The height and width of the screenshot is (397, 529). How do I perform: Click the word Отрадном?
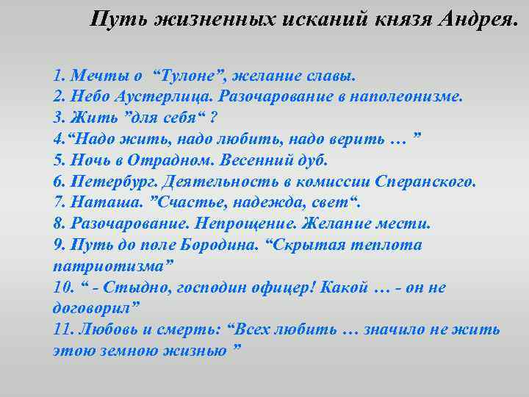pos(176,160)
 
